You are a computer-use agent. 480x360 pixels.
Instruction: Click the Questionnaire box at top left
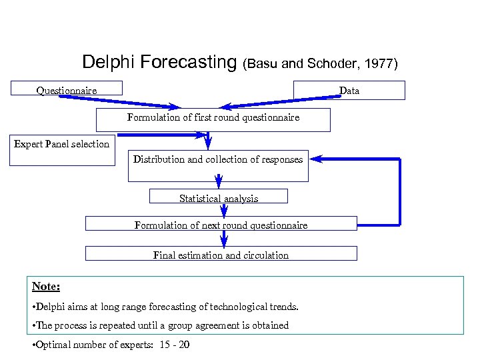pos(67,90)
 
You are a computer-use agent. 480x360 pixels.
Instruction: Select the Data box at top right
pos(349,90)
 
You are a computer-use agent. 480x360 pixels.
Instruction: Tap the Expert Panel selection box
pos(62,151)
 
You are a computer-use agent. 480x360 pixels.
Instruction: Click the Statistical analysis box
pos(219,197)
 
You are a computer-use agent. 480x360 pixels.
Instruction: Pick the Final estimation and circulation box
pos(221,254)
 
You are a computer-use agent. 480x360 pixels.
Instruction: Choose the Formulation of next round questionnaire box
pos(221,225)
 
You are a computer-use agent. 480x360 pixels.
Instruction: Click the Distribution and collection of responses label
pos(218,159)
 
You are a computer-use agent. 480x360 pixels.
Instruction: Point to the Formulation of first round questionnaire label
pos(213,117)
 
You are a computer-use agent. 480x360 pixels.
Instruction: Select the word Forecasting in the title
pos(187,63)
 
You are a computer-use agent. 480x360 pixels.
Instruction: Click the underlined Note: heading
pos(46,286)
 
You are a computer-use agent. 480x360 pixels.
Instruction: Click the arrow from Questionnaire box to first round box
pos(120,101)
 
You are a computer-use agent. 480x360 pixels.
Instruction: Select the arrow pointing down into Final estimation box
pos(224,240)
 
